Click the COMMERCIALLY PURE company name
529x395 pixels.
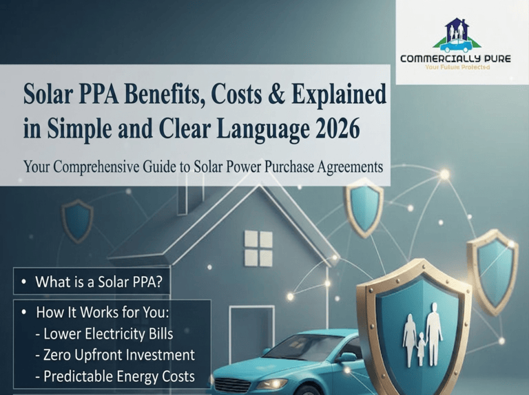point(455,58)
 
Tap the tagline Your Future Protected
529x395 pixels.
point(457,67)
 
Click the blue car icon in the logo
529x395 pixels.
point(457,46)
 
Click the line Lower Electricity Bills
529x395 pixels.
point(105,334)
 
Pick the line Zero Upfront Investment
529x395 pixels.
point(116,355)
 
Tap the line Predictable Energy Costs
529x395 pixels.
point(116,376)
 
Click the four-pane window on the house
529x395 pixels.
point(258,248)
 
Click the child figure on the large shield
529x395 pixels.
point(421,348)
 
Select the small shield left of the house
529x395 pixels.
point(77,221)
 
